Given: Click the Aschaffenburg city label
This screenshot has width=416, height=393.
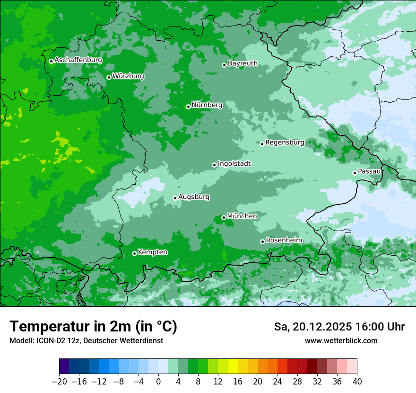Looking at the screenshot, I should coord(78,60).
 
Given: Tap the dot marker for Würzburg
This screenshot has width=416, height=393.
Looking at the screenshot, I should coord(109,77).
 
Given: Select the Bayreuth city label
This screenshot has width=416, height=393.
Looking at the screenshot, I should coord(243,63).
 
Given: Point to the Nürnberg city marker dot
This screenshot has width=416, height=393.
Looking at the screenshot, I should coord(188,107).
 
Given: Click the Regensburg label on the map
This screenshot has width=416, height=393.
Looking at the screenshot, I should coord(285,143).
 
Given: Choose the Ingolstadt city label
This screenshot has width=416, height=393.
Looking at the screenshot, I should coord(234,164).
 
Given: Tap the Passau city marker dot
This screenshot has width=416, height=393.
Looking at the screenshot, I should coord(355,173).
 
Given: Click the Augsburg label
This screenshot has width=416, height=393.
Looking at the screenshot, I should coord(194,197).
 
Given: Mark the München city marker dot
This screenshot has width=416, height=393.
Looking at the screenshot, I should coord(224,218).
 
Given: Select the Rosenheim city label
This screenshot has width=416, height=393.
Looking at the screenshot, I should coord(284,241).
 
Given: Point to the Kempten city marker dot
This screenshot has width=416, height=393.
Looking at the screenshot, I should coord(134,253).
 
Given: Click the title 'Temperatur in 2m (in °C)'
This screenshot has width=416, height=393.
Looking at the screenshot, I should coord(93,327).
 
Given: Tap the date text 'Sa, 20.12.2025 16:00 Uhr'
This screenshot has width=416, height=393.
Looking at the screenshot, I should coord(339,327).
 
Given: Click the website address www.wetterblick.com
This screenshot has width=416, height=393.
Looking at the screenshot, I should coord(341,340).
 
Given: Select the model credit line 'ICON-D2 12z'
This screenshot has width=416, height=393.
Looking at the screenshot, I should coord(86,340).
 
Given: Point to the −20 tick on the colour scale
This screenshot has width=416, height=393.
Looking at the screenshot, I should coord(59,382).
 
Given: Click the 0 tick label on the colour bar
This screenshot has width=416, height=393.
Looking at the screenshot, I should coord(158,382).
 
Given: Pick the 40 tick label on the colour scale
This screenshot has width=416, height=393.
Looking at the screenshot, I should coord(357,382).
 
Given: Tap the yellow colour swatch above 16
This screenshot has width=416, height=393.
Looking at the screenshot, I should coord(233,366).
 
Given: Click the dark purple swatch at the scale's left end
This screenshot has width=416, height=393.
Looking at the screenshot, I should coord(64,366).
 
